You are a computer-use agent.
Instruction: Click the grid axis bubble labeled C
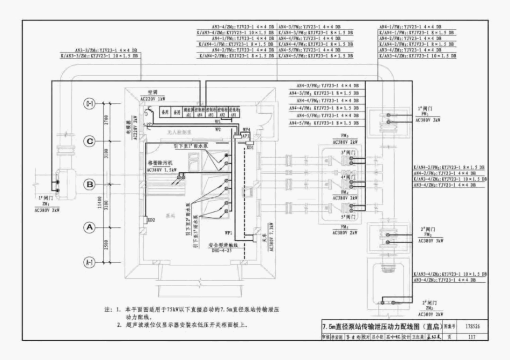coord(90,141)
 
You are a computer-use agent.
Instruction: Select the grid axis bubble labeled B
coord(90,185)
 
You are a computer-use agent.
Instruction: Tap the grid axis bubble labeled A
coord(90,227)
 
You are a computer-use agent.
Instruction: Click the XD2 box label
coord(151,220)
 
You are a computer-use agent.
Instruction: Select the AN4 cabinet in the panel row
coord(199,115)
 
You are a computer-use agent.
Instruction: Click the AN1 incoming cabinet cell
coord(233,115)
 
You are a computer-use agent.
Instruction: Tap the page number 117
coord(472,337)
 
